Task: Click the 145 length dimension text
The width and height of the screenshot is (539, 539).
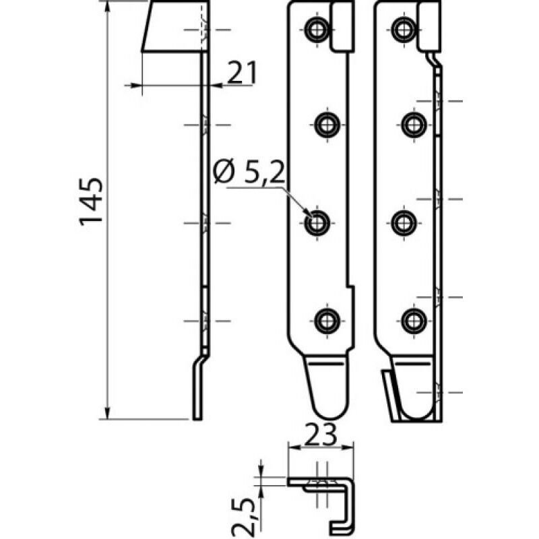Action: point(91,201)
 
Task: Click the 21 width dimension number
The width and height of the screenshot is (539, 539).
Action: point(241,73)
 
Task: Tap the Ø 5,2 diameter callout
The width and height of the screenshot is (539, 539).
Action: point(246,175)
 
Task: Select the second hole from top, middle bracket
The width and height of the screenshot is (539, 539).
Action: point(327,125)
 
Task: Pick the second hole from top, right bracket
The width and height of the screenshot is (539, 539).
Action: point(414,125)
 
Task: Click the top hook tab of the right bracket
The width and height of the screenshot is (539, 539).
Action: point(430,27)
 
